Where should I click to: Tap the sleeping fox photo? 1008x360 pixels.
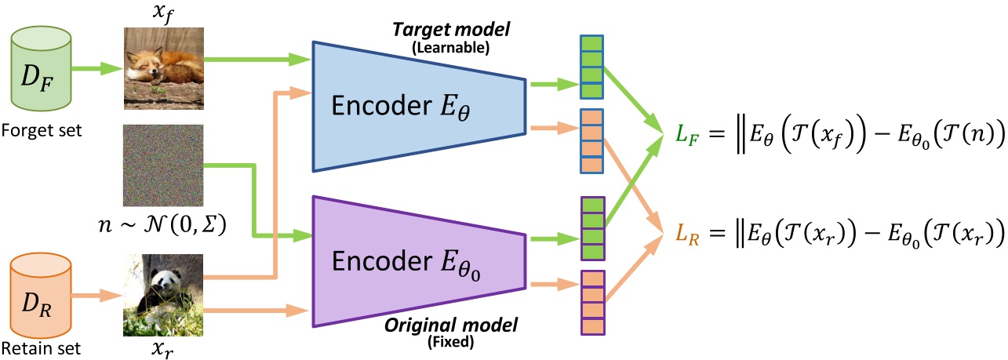pos(163,68)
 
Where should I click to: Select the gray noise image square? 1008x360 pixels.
pos(163,165)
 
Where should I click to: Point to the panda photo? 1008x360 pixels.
pos(163,295)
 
